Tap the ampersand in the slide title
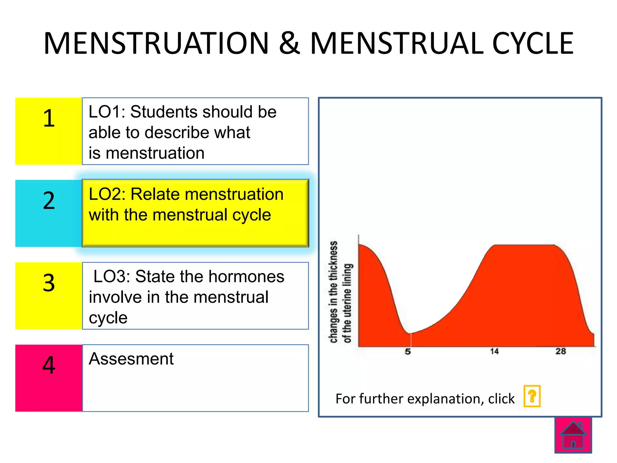click(x=290, y=44)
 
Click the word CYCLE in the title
click(x=532, y=44)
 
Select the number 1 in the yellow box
click(x=49, y=118)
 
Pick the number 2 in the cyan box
click(x=49, y=201)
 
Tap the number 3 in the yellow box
click(x=49, y=283)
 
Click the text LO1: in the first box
click(x=107, y=112)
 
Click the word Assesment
click(x=131, y=359)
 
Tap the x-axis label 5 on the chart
click(x=408, y=351)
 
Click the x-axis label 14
click(x=494, y=351)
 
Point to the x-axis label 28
click(x=561, y=351)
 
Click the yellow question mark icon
click(x=532, y=396)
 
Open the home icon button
click(x=573, y=435)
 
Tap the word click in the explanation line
click(x=501, y=398)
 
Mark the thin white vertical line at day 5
click(x=411, y=340)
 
